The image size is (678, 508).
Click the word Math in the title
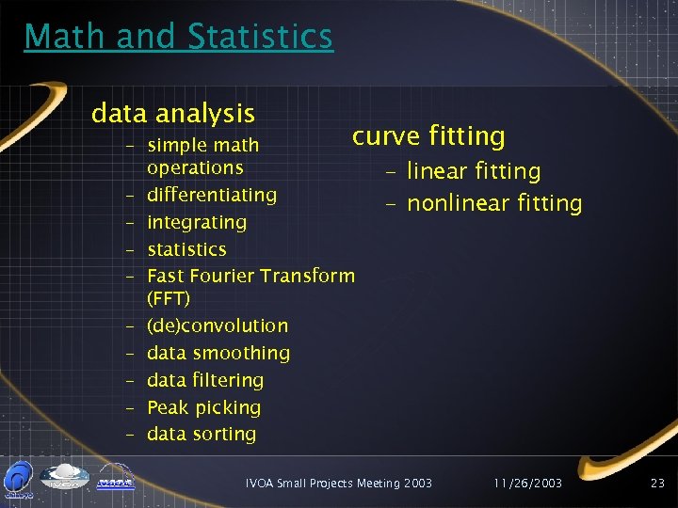click(x=65, y=37)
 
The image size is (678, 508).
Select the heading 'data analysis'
click(x=173, y=114)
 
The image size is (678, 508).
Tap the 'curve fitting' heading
click(x=428, y=136)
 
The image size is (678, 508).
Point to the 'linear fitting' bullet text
click(x=474, y=171)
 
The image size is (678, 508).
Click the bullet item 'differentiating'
click(x=212, y=195)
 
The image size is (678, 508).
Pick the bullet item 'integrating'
click(x=197, y=223)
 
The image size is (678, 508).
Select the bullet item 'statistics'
click(x=186, y=249)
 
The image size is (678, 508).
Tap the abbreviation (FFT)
click(x=169, y=298)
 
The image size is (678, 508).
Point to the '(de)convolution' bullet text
click(x=218, y=325)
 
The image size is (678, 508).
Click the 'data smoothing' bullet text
click(x=218, y=354)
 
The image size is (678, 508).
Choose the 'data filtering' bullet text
click(x=205, y=380)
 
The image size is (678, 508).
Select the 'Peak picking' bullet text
click(x=203, y=407)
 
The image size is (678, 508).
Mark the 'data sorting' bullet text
click(x=202, y=434)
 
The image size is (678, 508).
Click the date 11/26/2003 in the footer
click(x=528, y=483)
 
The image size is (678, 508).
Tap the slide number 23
click(x=657, y=483)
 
